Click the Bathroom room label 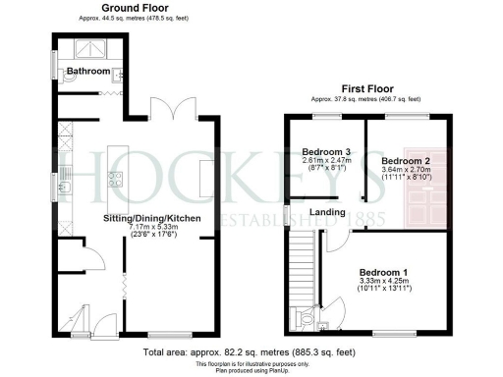coord(86,71)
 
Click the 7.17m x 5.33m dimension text coord(154,227)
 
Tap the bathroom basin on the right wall coord(116,74)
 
